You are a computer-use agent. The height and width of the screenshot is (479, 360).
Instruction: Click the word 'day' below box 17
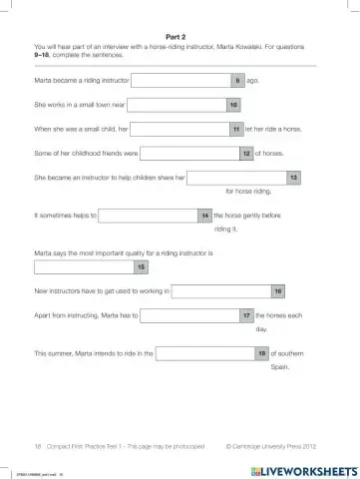point(261,328)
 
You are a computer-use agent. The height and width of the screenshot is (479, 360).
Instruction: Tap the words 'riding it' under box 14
point(225,229)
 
